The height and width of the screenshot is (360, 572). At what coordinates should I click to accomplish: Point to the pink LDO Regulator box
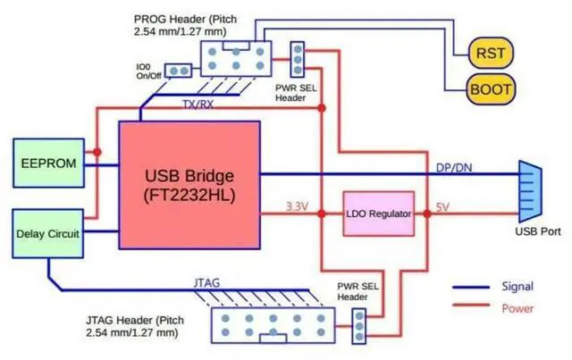(x=379, y=214)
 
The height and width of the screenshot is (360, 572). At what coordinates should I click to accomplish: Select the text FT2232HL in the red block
(x=189, y=193)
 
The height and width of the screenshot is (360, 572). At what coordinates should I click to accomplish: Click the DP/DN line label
(x=453, y=168)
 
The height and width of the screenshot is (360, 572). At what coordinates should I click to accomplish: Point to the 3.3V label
(x=298, y=206)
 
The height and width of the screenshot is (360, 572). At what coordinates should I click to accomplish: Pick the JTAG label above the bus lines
(x=207, y=283)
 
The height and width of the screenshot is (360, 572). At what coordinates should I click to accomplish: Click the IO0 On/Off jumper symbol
(x=178, y=70)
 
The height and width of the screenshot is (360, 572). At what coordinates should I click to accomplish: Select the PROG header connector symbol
(x=234, y=57)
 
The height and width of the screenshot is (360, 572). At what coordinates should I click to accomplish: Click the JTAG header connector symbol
(x=270, y=327)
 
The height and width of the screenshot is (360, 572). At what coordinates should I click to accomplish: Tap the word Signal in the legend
(x=516, y=287)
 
